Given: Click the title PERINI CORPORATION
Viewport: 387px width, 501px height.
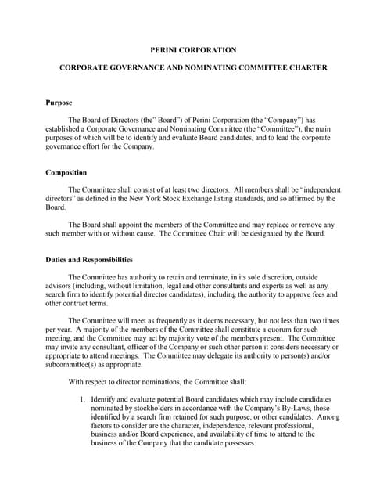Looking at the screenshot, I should coord(193,49).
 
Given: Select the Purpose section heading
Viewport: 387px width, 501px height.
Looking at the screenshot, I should coord(59,103).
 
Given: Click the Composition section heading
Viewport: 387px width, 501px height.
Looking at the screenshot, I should coord(66,172).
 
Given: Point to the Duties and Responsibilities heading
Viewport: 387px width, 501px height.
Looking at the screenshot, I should coord(89,259).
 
